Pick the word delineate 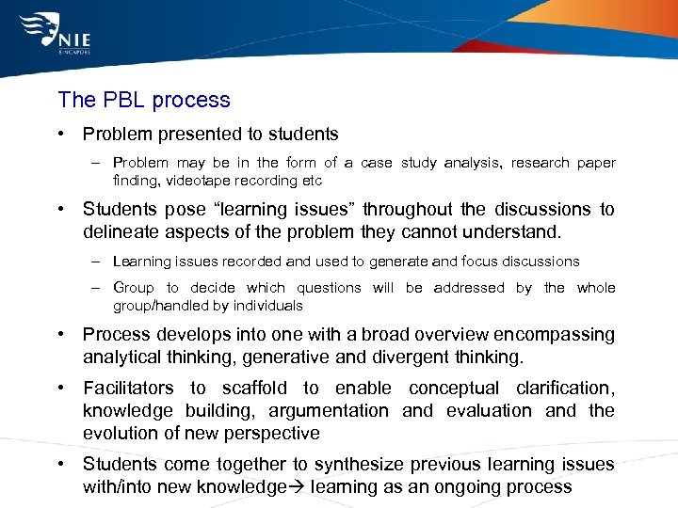coord(121,232)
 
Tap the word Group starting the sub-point coord(133,288)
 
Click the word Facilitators coord(128,388)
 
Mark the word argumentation coord(329,410)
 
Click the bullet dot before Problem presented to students coord(60,135)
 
